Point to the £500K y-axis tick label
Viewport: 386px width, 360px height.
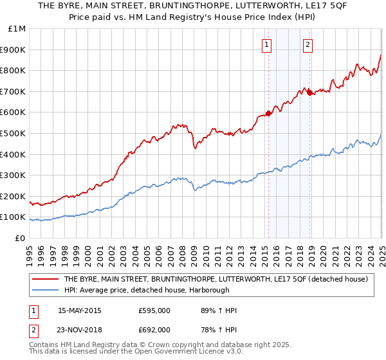(x=14, y=134)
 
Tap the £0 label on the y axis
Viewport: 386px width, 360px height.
(x=21, y=239)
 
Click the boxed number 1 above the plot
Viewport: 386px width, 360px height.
(x=266, y=44)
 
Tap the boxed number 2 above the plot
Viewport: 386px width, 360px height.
(x=308, y=44)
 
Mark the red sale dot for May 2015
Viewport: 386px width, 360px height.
(x=268, y=113)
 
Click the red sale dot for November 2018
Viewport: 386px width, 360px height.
(x=310, y=93)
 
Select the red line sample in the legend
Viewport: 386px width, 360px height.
(x=45, y=279)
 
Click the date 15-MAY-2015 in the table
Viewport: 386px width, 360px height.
(x=80, y=310)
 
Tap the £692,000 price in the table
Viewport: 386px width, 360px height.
(x=154, y=329)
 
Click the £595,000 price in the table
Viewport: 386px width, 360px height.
(x=154, y=310)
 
